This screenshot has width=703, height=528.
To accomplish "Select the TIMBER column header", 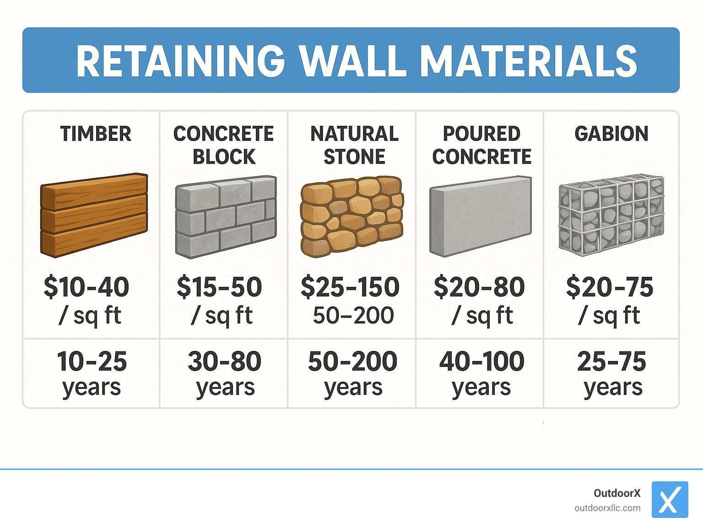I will pos(96,134).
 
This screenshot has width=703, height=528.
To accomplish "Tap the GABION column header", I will pos(611,134).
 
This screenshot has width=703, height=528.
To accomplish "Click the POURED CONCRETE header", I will pos(481,145).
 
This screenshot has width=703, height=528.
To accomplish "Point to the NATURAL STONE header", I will pos(354,145).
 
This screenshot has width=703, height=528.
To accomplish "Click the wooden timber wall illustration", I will pos(94,215).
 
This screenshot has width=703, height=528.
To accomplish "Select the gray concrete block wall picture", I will pos(226,216).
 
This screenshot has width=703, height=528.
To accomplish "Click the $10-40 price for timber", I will pos(87,287).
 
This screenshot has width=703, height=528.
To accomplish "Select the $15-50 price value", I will pos(219,287).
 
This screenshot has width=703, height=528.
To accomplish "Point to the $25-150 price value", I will pos(350,287).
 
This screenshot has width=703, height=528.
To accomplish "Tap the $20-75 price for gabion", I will pos(610,287).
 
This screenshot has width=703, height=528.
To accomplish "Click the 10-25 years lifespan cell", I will pos(92,373).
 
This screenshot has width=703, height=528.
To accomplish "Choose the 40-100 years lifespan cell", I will pos(481,373).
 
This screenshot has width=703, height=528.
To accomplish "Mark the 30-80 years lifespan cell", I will pos(225,373).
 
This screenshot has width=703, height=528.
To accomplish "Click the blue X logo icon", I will pos(670,500).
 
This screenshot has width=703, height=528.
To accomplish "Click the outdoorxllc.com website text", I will pos(607,508).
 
